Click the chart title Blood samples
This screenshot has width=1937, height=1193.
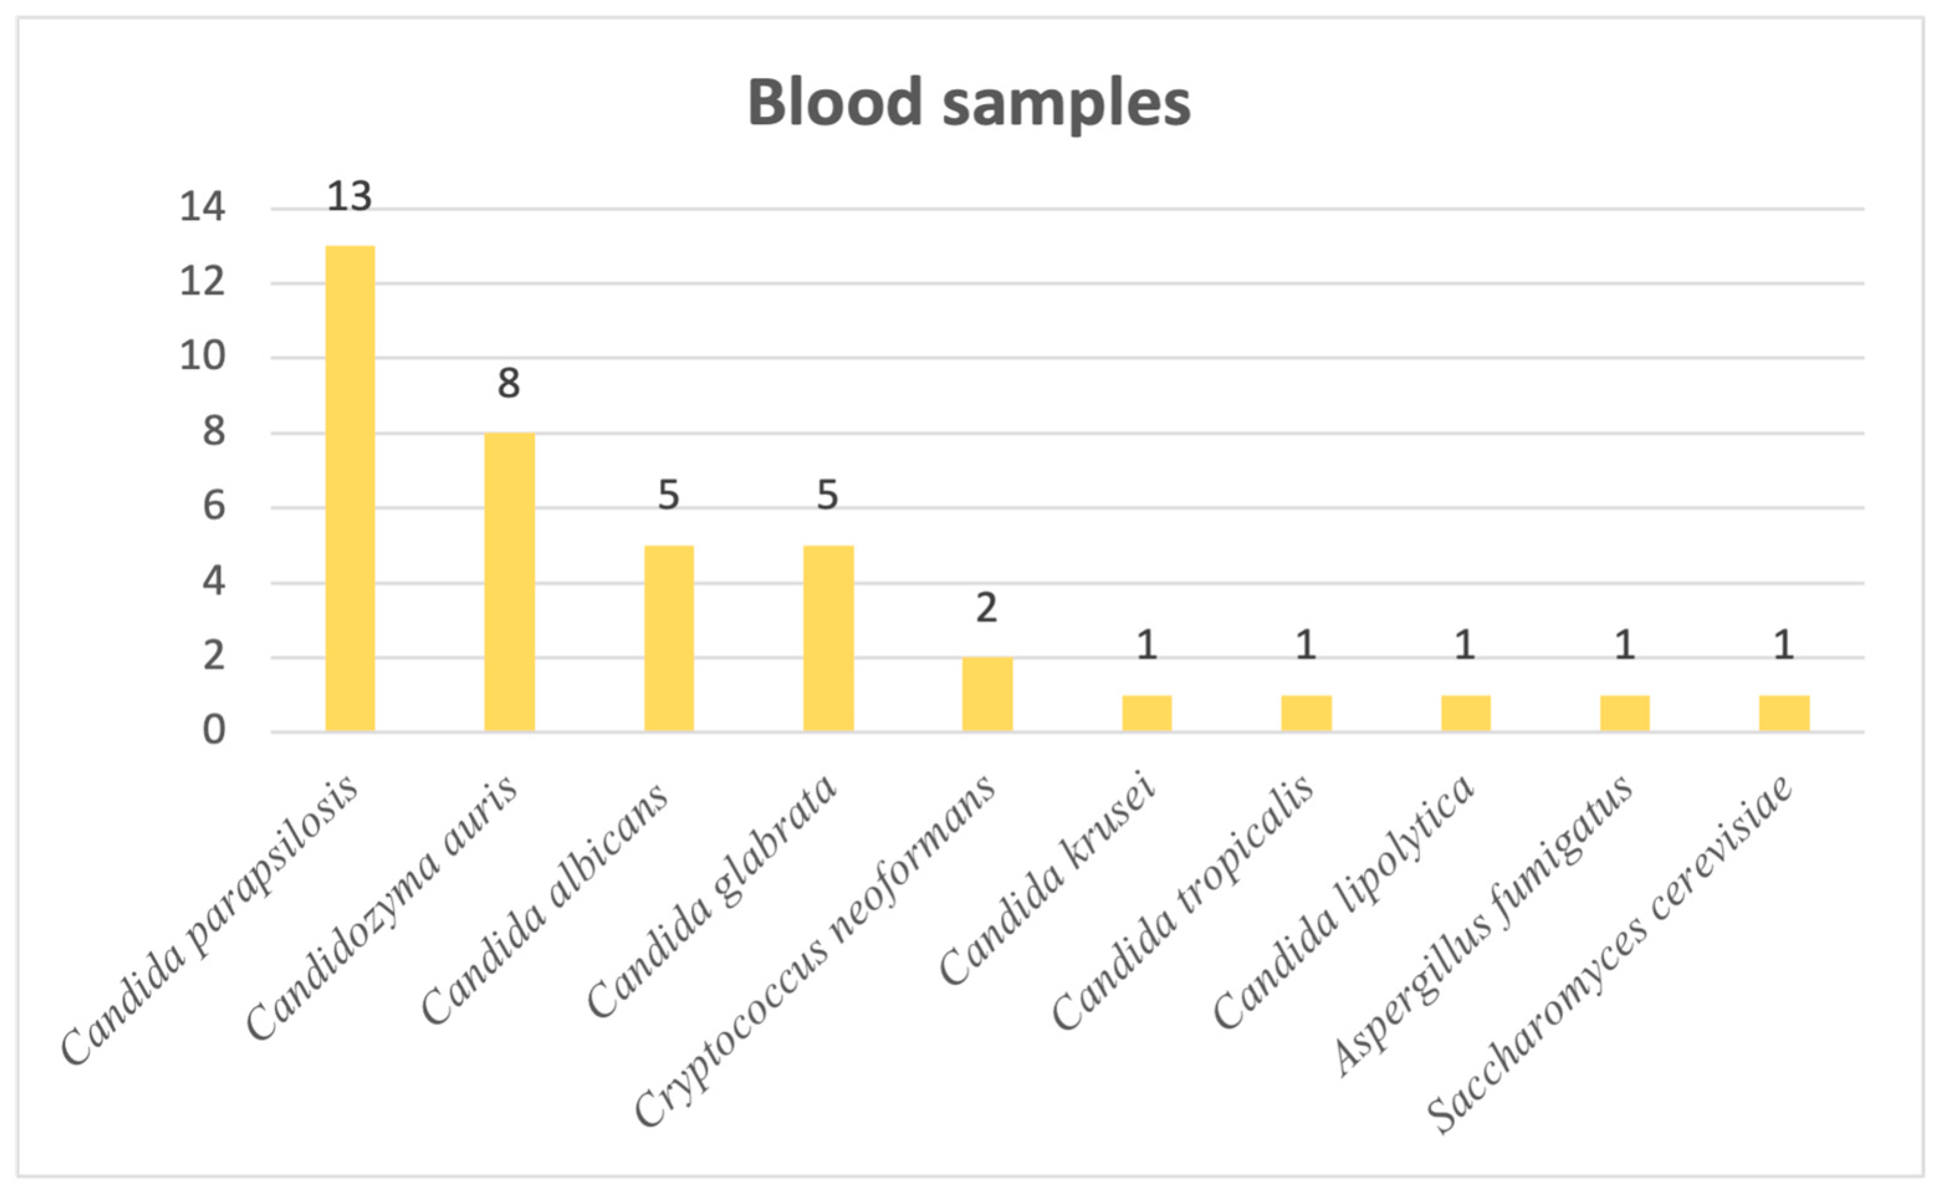[x=968, y=103]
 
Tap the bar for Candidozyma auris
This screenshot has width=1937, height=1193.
[x=509, y=582]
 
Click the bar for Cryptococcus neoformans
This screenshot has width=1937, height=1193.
[x=986, y=694]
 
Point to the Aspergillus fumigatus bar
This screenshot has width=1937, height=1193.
[x=1624, y=713]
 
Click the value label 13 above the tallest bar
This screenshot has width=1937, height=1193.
[x=349, y=196]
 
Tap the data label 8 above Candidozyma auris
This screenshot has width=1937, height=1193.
[x=509, y=383]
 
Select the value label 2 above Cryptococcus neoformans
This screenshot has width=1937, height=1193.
[x=986, y=608]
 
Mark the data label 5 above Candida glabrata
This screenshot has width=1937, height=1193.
[x=827, y=495]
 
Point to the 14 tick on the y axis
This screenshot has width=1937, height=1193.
[x=202, y=208]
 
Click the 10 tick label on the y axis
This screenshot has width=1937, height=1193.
[x=202, y=357]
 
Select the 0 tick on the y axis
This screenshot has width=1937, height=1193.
[x=213, y=731]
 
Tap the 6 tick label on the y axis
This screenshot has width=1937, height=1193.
[x=213, y=506]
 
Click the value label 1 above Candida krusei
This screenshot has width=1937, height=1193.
[x=1147, y=646]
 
